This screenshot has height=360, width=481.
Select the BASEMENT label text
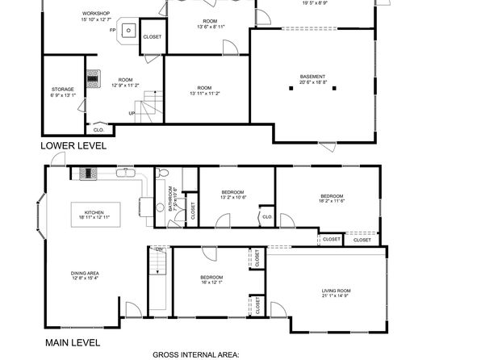[x=313, y=79]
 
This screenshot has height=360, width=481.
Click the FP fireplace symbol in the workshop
[x=127, y=30]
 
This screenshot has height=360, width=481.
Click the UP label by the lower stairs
[x=132, y=113]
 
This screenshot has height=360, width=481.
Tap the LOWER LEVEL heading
[x=75, y=146]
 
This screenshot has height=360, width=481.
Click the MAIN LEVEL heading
[x=73, y=342]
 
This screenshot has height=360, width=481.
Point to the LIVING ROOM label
[x=337, y=292]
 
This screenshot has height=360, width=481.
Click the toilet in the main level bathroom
[x=161, y=173]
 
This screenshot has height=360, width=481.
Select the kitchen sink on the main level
[x=125, y=172]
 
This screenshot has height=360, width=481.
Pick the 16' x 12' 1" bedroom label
[x=212, y=279]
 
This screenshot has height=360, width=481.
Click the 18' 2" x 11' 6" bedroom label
[x=332, y=199]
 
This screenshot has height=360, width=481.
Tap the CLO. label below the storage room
[x=98, y=129]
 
